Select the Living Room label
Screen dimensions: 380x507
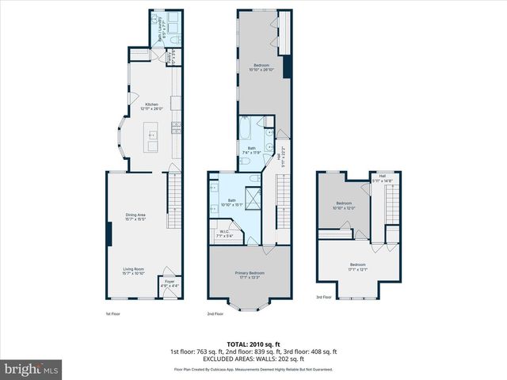pyautogui.click(x=138, y=272)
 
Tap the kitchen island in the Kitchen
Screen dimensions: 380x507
pyautogui.click(x=151, y=143)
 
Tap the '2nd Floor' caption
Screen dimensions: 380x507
pyautogui.click(x=215, y=314)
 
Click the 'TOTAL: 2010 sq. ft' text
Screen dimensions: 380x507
pyautogui.click(x=253, y=343)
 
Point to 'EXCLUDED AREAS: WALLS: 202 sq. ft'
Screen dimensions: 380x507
pyautogui.click(x=253, y=358)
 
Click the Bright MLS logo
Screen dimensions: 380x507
pyautogui.click(x=32, y=369)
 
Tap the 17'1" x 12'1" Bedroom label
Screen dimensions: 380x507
pyautogui.click(x=358, y=266)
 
